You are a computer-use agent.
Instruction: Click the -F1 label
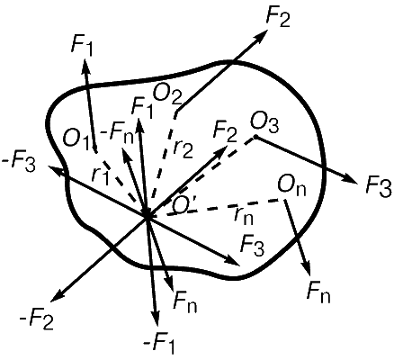coord(158,345)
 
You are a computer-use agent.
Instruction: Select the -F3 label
coord(19,164)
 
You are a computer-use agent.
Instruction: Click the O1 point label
coord(76,139)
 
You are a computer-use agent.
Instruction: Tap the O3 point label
coord(264,123)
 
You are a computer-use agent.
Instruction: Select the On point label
coord(291,186)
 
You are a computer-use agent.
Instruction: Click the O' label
coord(184,207)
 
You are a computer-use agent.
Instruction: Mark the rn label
coord(244,215)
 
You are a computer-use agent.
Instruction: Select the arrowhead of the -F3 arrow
coord(54,170)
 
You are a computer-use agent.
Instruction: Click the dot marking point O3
coord(255,137)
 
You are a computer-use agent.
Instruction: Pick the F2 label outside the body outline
coord(278,19)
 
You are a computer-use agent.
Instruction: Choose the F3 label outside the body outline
coord(379,186)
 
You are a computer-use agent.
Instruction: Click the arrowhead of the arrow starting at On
coord(308,267)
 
